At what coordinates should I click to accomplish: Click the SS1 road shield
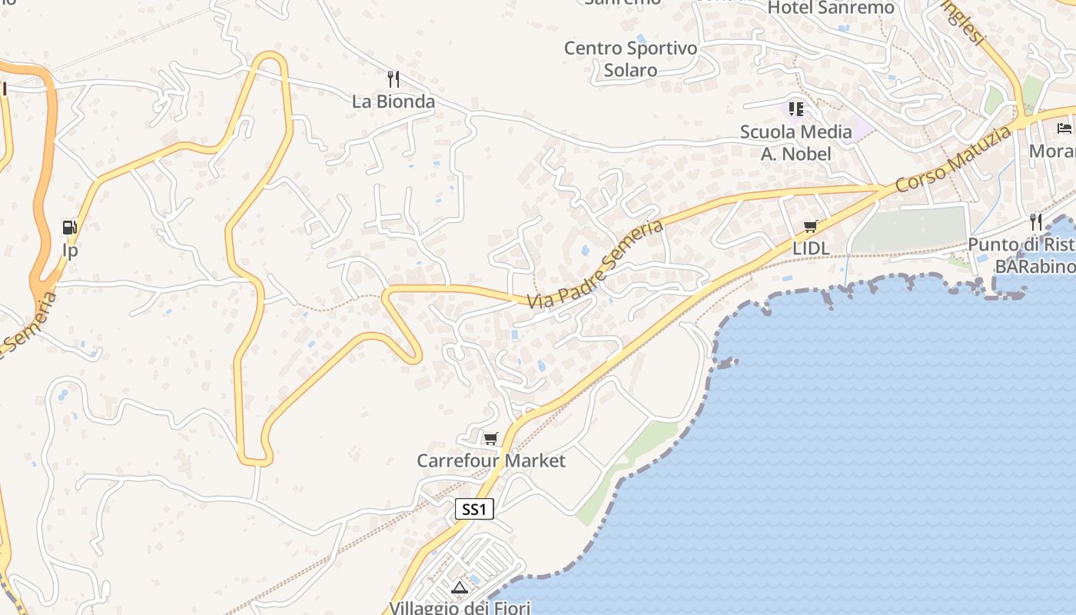point(474,509)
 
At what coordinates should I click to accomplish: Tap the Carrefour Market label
point(491,460)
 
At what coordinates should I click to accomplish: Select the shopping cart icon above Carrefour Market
point(490,439)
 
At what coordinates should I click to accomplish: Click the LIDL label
point(810,249)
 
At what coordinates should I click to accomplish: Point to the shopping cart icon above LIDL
point(810,227)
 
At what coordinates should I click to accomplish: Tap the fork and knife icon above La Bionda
point(394,78)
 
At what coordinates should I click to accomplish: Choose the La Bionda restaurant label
point(394,101)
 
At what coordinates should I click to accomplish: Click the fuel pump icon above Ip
point(70,228)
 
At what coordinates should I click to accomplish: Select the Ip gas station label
point(70,251)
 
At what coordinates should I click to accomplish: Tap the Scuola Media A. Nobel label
point(796,143)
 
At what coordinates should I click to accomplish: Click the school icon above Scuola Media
point(796,109)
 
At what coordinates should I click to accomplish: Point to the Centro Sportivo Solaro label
point(630,59)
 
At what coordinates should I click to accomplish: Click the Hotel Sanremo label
point(831,8)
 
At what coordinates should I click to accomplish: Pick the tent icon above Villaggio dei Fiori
point(460,588)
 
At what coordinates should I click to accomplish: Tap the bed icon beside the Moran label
point(1064,128)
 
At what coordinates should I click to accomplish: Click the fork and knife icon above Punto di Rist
point(1036,222)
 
